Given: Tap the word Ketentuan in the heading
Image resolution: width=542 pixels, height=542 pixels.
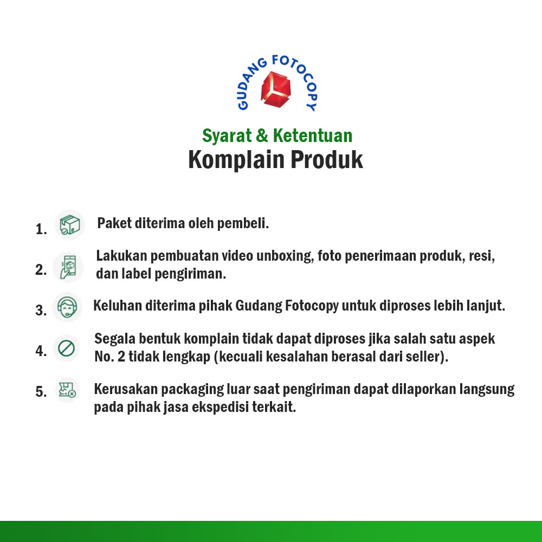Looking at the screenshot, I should point(313,135).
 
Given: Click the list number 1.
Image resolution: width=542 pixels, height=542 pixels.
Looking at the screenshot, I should point(41,229).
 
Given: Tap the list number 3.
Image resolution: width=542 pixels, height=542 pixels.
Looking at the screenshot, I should point(41,311).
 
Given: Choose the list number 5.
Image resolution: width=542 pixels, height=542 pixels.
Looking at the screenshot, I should point(41,392).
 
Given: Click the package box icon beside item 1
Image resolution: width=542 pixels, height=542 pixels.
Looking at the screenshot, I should point(70,224).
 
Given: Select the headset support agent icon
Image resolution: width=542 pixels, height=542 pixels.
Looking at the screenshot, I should point(67,307).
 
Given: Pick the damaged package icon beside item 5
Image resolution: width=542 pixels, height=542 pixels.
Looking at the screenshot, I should point(67,390).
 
